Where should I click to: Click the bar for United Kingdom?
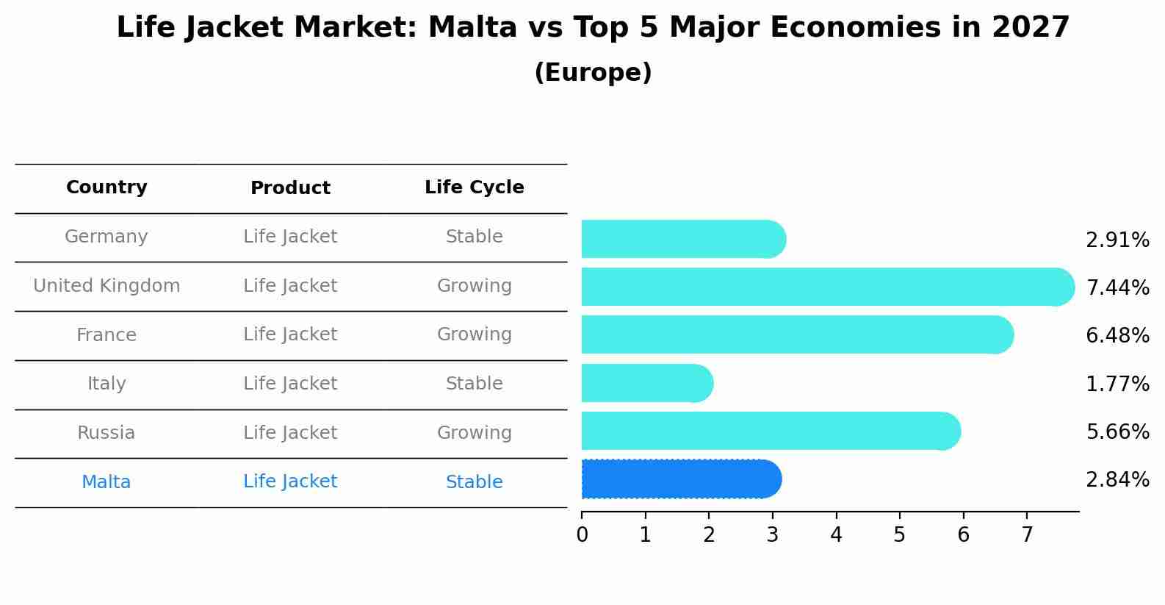click(826, 287)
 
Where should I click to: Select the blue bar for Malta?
click(680, 479)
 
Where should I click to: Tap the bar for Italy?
click(646, 383)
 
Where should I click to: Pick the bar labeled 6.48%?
click(797, 334)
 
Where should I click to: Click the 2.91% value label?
click(1117, 240)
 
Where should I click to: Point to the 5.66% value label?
click(1117, 432)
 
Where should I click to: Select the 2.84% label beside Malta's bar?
click(1117, 480)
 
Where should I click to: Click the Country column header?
click(107, 187)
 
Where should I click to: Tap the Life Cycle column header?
click(474, 187)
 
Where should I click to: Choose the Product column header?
click(290, 188)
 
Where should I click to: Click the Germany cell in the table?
click(107, 237)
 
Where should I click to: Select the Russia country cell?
click(107, 433)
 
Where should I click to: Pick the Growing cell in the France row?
click(474, 334)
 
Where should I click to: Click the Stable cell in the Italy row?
click(474, 384)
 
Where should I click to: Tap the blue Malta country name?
click(107, 482)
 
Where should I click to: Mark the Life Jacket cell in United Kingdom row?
click(290, 286)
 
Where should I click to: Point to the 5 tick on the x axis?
click(899, 535)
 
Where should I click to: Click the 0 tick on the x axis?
click(582, 535)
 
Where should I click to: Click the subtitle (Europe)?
click(593, 73)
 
